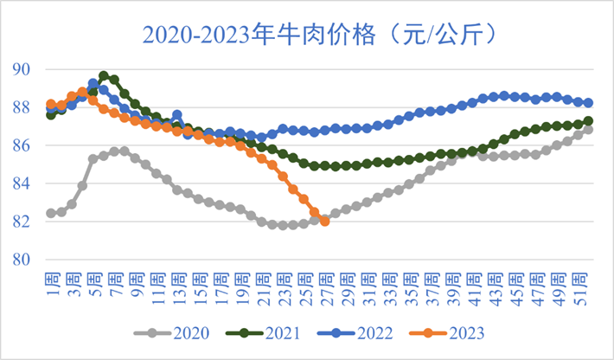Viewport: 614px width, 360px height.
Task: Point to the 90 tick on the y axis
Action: [27, 69]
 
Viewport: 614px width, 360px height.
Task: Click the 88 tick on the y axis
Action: [27, 107]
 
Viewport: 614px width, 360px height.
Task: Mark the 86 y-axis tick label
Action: [27, 145]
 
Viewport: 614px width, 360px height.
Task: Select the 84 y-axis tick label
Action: [27, 183]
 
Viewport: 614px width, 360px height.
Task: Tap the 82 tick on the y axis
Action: [27, 222]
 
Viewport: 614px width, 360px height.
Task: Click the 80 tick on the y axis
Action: [27, 260]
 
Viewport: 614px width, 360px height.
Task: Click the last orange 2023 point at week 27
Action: [324, 222]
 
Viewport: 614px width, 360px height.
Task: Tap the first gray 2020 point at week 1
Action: [51, 213]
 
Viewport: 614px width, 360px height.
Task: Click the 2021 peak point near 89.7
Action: [104, 75]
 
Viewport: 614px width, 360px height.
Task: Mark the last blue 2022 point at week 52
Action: [588, 103]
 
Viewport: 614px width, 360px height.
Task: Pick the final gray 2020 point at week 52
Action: [588, 130]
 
